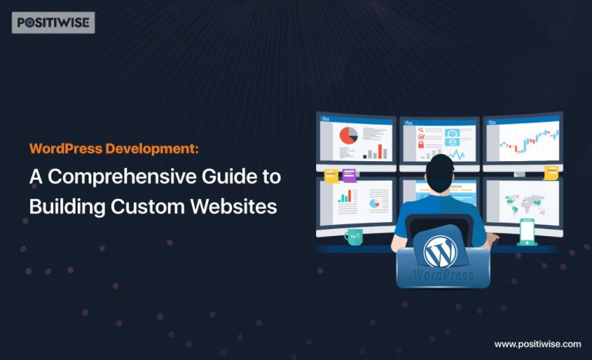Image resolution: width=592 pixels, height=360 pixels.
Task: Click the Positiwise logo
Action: pos(52,22)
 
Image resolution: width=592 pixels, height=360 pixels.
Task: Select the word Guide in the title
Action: pos(219,177)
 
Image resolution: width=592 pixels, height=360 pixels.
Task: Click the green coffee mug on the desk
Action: pos(353,236)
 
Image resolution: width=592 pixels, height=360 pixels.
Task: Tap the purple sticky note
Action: pos(348,175)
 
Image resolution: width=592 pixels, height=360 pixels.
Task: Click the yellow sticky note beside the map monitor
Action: pos(550,171)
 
